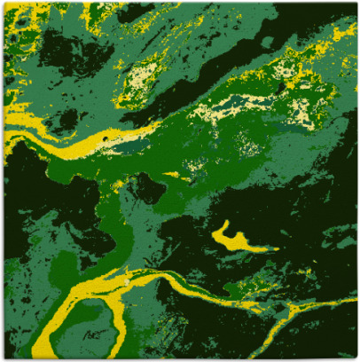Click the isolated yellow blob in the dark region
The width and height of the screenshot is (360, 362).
232,238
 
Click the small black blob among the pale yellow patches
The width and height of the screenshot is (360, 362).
282,86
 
